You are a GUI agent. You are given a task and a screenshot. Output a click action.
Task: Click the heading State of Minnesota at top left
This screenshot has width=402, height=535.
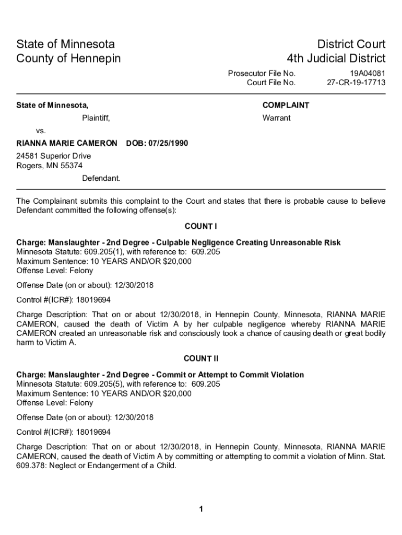(x=66, y=44)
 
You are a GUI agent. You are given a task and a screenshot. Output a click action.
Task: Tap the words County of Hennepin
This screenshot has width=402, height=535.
(x=68, y=58)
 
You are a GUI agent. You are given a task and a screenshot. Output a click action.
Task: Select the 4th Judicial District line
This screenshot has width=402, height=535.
(x=336, y=58)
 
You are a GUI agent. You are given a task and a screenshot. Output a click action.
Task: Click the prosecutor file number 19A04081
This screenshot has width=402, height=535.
(x=368, y=73)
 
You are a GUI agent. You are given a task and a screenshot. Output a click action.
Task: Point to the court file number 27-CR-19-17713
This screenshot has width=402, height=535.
(x=356, y=83)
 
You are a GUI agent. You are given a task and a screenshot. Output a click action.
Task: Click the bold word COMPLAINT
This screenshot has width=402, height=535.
(x=286, y=106)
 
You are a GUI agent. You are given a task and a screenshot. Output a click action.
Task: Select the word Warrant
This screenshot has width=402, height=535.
(x=276, y=118)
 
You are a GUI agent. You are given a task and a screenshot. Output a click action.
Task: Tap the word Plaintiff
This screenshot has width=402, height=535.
(x=96, y=118)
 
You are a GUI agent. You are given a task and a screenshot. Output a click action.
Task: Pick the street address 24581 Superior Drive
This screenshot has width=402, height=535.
(x=54, y=156)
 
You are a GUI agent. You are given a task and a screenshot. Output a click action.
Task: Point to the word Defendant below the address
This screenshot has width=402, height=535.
(x=101, y=178)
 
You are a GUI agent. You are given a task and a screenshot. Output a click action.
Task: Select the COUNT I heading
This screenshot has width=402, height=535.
(x=201, y=226)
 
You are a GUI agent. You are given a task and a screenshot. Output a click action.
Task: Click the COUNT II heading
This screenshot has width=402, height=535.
(x=201, y=358)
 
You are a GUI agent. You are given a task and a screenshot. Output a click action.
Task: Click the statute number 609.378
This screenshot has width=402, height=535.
(x=31, y=466)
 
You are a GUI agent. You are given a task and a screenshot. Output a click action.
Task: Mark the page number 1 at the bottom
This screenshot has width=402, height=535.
(x=201, y=509)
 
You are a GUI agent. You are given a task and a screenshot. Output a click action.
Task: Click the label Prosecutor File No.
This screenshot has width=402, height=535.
(x=262, y=73)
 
